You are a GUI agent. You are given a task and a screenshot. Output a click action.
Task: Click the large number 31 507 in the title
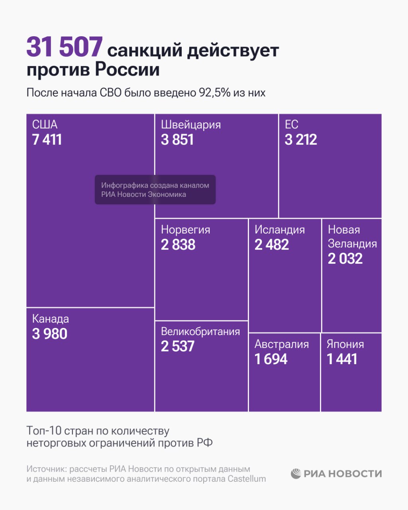[x=65, y=47]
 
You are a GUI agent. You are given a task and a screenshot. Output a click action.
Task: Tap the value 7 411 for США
[x=47, y=140]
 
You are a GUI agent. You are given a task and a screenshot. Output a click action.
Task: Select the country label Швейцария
[x=190, y=125]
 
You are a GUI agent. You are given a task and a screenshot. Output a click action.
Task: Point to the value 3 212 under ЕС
[x=301, y=140]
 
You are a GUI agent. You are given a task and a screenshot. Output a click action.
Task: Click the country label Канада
[x=50, y=319]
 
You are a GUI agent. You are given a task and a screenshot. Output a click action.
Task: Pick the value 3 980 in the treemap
[x=50, y=334]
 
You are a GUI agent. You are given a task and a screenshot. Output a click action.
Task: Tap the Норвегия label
[x=185, y=230]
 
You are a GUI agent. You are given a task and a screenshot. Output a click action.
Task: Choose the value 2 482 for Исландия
[x=272, y=245]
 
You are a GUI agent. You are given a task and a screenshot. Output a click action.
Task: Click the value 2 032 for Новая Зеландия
[x=345, y=259]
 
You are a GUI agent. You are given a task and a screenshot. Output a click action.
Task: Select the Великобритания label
[x=200, y=331]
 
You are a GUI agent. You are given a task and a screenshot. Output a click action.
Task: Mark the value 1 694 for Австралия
[x=271, y=359]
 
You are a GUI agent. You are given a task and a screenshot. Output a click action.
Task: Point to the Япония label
[x=345, y=344]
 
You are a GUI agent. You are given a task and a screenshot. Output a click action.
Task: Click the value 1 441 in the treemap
[x=342, y=359]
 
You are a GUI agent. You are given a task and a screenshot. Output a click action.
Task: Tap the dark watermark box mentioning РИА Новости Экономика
[x=155, y=190]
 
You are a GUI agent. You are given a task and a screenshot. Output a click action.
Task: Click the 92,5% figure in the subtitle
[x=215, y=93]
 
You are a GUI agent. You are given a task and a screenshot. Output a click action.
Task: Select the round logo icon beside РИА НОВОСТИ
[x=296, y=473]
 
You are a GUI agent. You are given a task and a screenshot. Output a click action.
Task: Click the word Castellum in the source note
[x=247, y=479]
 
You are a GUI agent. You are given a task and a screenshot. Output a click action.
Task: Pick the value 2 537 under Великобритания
[x=178, y=347]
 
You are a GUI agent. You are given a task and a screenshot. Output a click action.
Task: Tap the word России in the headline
[x=127, y=69]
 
